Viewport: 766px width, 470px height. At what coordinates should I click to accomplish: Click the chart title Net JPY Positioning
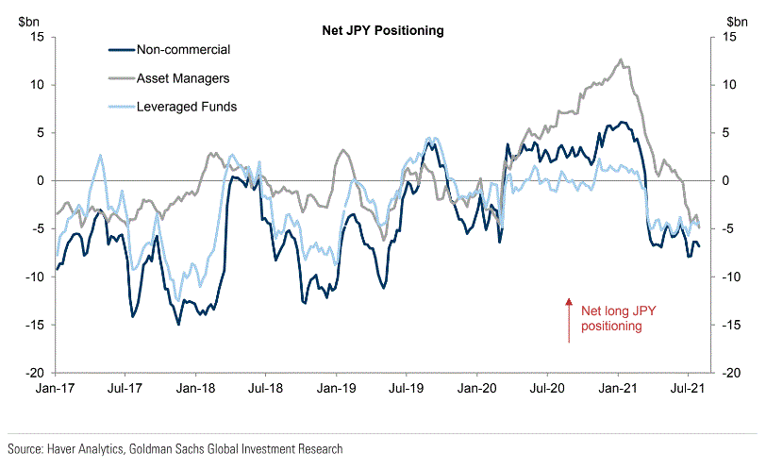[x=383, y=30]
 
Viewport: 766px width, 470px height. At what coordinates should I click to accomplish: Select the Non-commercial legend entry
[x=183, y=50]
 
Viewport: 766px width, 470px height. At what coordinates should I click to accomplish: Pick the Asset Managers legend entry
[x=183, y=78]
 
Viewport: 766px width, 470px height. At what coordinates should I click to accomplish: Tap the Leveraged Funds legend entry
[x=186, y=107]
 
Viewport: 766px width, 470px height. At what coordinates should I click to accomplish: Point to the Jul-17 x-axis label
[x=125, y=388]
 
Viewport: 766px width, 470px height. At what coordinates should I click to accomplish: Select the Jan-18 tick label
[x=194, y=388]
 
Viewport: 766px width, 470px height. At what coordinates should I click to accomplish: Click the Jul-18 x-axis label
[x=266, y=388]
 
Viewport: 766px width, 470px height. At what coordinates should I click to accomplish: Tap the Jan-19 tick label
[x=335, y=388]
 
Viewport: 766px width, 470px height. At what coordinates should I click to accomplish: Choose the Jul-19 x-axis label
[x=407, y=388]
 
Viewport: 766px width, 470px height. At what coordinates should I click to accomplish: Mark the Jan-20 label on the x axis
[x=476, y=388]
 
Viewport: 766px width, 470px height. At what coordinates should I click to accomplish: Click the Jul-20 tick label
[x=548, y=388]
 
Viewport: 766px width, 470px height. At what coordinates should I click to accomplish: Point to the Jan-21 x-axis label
[x=617, y=388]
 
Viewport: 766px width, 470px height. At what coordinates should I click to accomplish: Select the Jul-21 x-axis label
[x=688, y=388]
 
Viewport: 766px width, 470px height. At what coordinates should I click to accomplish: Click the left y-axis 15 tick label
[x=38, y=36]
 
